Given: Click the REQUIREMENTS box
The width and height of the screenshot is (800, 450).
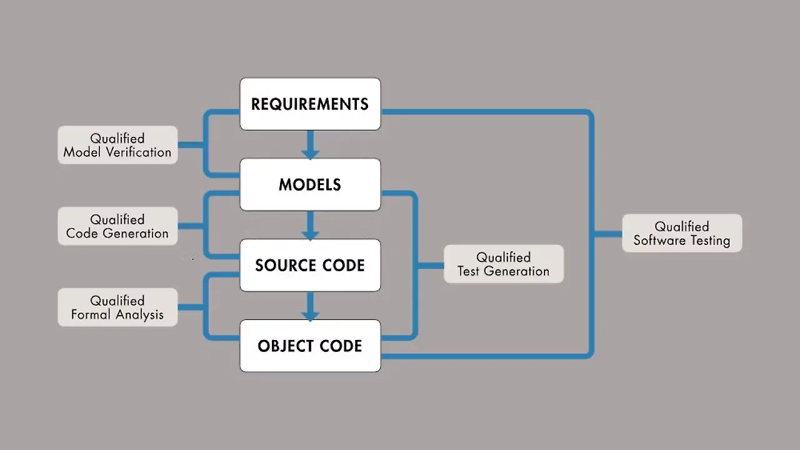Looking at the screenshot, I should tap(310, 104).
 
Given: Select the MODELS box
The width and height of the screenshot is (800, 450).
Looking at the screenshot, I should tap(310, 184).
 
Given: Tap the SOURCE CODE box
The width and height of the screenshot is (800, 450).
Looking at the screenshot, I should tap(310, 265).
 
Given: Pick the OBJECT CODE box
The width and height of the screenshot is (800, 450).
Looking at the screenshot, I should tap(310, 346).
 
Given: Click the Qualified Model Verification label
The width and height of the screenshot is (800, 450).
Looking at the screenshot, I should tap(117, 145).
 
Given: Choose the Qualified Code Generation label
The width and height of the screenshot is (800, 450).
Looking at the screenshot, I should tap(117, 226).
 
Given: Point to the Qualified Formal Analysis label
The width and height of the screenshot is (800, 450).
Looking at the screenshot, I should tap(117, 307).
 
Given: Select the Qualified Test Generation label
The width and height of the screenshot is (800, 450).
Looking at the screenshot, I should tap(503, 264).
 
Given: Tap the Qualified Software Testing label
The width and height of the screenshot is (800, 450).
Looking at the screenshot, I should tap(682, 233).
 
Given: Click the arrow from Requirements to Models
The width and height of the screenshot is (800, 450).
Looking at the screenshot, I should tap(310, 146).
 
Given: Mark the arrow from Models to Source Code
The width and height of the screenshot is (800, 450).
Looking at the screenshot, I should tap(310, 226).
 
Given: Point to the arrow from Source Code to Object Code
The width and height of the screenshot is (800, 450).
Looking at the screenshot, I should tap(310, 307).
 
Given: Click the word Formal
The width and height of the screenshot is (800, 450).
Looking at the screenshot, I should tap(90, 315).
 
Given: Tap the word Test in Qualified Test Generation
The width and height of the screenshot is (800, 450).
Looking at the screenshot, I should tap(469, 271).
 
